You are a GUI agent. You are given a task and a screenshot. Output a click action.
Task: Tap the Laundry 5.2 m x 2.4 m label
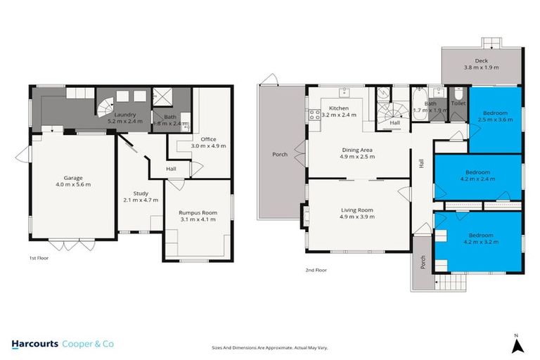[x=125, y=117]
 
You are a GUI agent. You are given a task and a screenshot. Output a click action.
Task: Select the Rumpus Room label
[x=196, y=215]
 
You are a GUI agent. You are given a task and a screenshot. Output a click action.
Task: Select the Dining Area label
[x=357, y=153]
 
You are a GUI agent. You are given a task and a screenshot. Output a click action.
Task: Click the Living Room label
[x=357, y=213]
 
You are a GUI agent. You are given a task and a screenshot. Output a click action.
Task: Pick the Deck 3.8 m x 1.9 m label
[x=481, y=64]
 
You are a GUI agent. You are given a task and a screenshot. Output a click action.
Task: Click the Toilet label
[x=458, y=103]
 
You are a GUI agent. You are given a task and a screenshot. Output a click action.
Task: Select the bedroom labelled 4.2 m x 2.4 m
[x=477, y=176]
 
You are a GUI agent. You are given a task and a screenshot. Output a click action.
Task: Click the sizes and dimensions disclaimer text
[x=270, y=347]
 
